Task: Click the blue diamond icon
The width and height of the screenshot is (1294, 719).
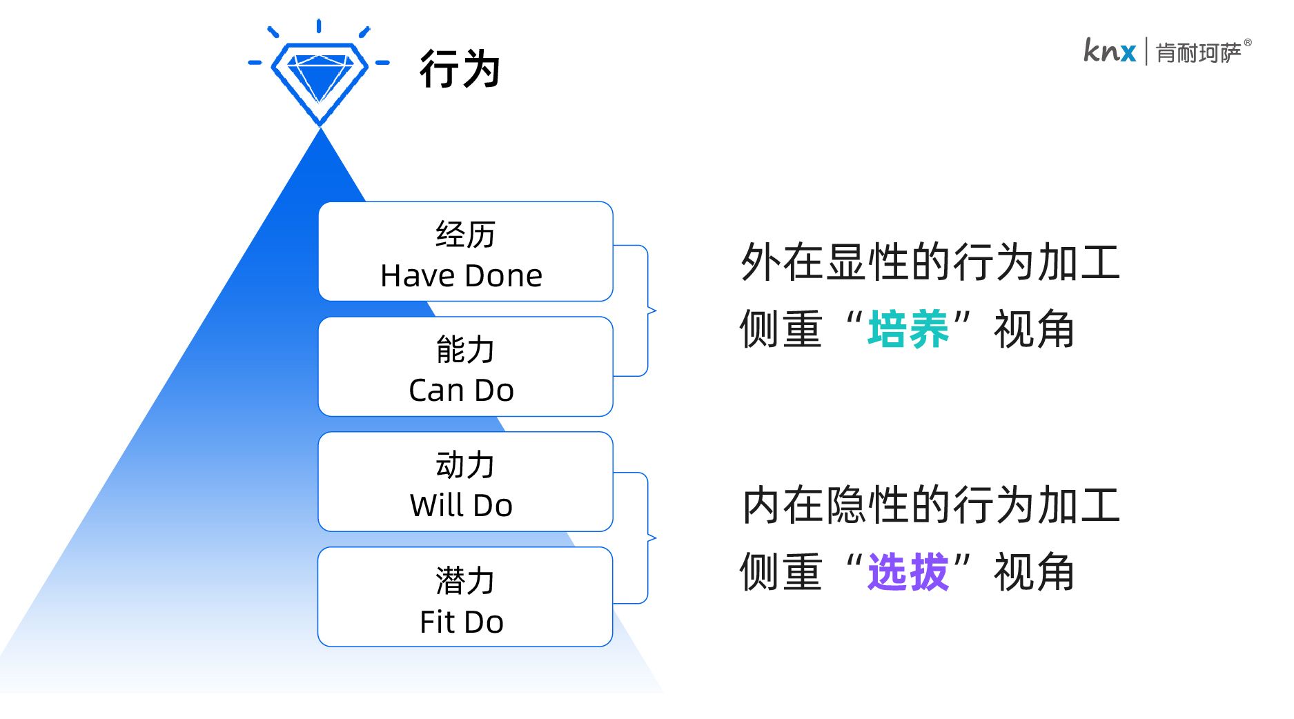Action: (319, 79)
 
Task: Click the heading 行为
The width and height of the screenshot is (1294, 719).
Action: (460, 69)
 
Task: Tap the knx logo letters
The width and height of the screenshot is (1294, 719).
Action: (1109, 50)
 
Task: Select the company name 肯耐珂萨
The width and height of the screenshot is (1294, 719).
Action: (1199, 52)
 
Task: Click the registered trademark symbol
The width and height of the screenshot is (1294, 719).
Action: (1248, 43)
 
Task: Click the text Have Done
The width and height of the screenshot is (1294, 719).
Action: (461, 276)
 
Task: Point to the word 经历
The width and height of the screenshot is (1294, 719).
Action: (465, 235)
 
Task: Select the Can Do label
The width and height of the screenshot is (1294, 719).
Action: (461, 391)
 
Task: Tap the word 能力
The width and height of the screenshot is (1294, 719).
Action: (465, 349)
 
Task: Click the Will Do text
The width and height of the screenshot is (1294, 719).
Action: (461, 506)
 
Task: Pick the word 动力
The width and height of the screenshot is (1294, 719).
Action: (465, 465)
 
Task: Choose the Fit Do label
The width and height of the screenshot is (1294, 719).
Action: (461, 622)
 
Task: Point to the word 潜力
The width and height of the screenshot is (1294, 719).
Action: (465, 580)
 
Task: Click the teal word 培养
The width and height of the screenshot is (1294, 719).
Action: (908, 329)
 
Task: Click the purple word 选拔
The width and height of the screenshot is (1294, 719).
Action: (908, 572)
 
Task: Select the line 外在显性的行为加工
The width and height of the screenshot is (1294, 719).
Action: (930, 262)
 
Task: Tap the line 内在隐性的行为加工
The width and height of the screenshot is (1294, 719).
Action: (930, 505)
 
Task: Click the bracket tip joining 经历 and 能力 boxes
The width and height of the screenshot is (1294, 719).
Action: (654, 311)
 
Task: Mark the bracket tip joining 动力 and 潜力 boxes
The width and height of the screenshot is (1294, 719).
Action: (654, 538)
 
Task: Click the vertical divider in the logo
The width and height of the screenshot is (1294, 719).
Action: (1146, 52)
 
